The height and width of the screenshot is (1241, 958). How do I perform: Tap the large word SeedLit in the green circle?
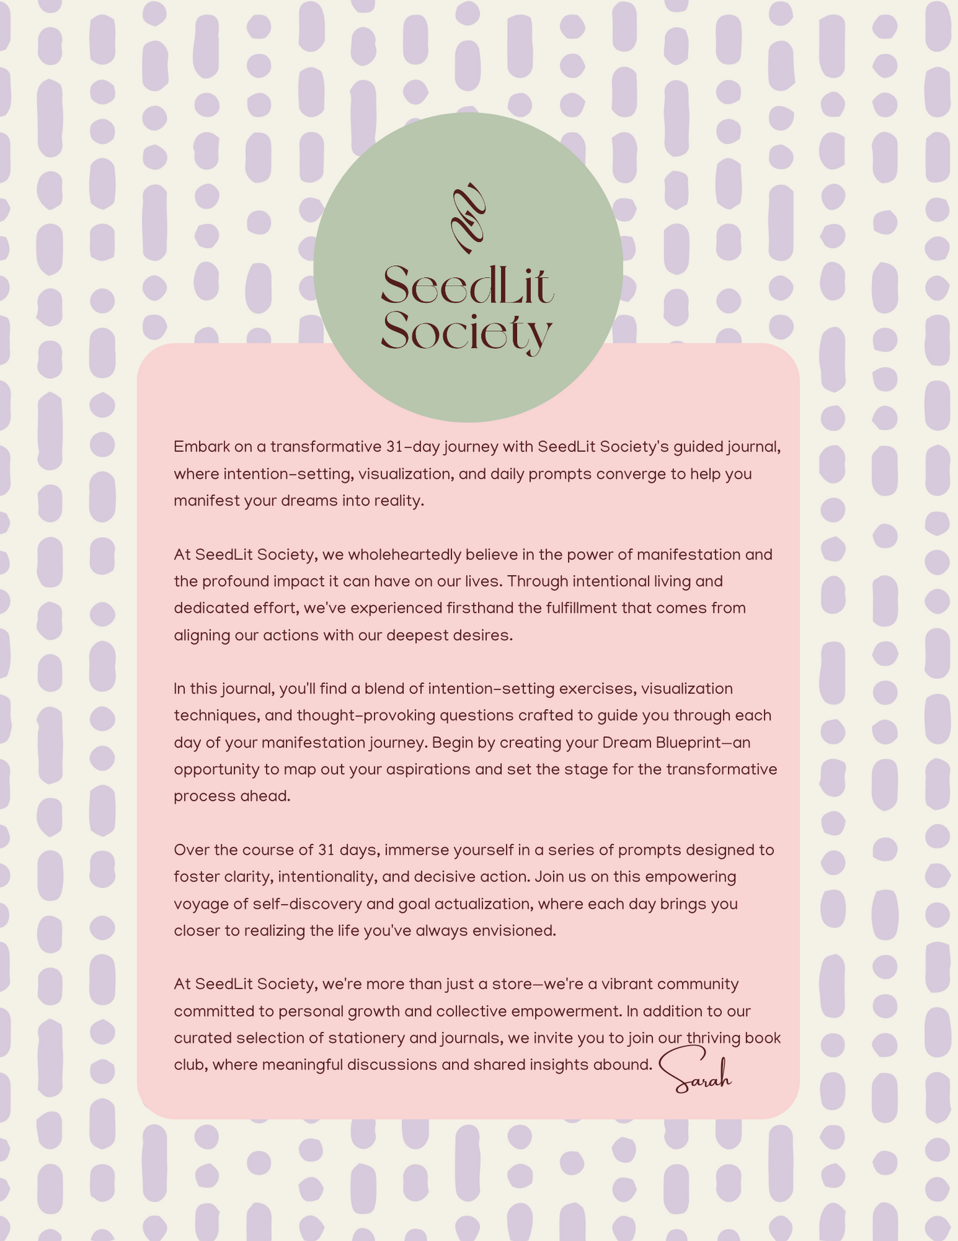[x=467, y=286]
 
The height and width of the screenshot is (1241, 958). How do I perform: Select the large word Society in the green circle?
[x=467, y=331]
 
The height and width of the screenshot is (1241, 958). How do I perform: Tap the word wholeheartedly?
[x=404, y=555]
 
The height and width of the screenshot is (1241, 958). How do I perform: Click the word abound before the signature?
[x=628, y=1065]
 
